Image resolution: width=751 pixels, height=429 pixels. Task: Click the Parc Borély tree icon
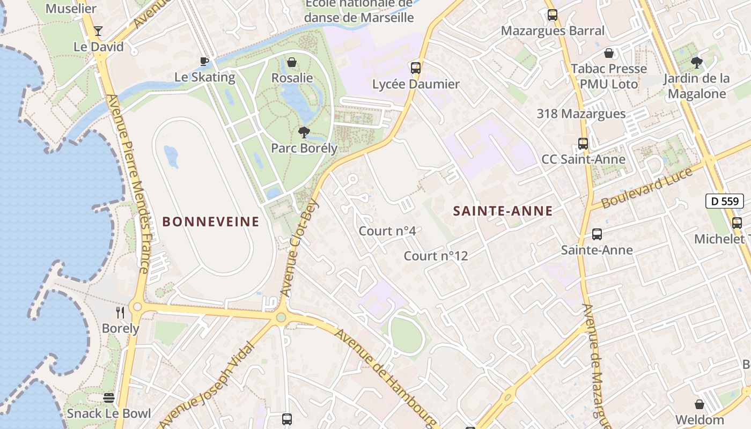pos(304,132)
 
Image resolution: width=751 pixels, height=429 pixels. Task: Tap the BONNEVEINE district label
pos(211,221)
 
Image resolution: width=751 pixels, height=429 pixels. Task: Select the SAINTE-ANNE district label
pos(503,211)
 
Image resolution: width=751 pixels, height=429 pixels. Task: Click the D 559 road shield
pos(724,202)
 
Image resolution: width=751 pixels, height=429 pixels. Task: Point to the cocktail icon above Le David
pos(98,31)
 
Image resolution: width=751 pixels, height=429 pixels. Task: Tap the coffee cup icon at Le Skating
pos(204,61)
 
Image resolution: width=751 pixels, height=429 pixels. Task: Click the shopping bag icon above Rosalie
pos(292,62)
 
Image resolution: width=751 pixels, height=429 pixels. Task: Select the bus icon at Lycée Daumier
pos(416,68)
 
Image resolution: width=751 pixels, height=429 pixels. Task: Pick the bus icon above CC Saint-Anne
pos(583,144)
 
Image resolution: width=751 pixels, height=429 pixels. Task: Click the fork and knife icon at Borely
pos(120,312)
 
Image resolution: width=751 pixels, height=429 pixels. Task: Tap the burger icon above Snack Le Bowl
pos(109,398)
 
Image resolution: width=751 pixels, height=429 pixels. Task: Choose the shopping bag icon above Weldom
pos(700,404)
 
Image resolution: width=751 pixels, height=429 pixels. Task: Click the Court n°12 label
pos(436,256)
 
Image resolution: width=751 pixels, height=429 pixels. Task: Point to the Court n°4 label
pos(387,231)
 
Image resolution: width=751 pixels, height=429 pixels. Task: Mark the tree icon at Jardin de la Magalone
pos(696,63)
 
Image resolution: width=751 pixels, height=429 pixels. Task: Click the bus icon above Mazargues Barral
pos(553,15)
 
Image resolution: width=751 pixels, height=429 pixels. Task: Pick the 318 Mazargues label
pos(581,114)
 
